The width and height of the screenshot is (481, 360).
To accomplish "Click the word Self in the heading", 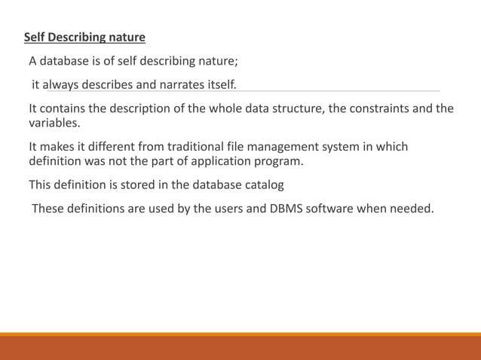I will point(35,37).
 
